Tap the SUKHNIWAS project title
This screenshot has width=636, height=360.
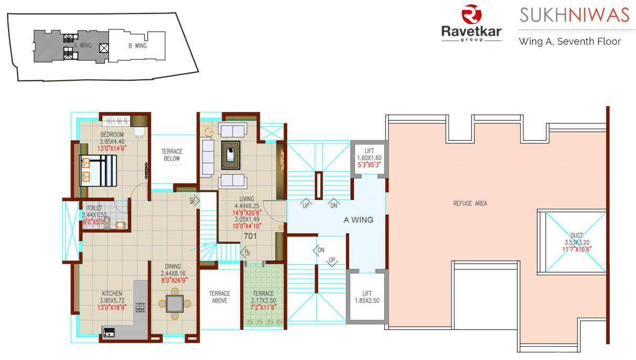574,15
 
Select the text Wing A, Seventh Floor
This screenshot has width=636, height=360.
569,42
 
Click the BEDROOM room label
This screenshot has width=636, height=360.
112,135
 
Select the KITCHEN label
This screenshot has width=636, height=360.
112,293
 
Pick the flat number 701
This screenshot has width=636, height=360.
250,236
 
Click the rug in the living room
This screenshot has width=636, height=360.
231,155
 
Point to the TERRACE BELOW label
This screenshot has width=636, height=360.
172,155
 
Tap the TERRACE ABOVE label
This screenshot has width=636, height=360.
220,297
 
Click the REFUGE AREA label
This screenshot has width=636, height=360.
470,203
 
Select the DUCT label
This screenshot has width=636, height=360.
576,235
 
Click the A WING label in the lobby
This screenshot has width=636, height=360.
358,220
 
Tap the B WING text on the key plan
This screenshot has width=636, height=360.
137,46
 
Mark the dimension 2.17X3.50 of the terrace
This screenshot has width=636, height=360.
263,300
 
